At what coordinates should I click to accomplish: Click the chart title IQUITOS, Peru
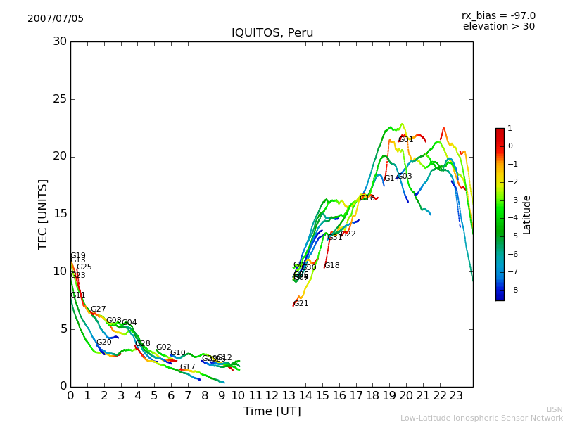point(272,33)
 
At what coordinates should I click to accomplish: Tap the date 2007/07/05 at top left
point(56,18)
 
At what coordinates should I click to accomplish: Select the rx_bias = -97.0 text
point(498,15)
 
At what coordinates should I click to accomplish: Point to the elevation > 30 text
point(499,27)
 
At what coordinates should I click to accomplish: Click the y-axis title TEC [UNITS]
point(43,214)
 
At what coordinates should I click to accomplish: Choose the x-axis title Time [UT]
point(272,411)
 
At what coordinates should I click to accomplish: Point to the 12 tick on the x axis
point(272,395)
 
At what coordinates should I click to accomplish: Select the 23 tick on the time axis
point(457,395)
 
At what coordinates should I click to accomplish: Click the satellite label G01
point(406,139)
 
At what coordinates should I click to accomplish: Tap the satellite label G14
point(391,179)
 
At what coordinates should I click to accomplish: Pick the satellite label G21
point(301,303)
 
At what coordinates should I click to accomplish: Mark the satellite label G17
point(187,367)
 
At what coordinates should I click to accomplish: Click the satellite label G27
point(98,309)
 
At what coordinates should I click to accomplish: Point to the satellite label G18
point(331,266)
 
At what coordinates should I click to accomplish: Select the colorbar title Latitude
point(527,215)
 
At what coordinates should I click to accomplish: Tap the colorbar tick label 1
point(510,129)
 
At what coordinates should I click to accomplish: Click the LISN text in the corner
point(554,409)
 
